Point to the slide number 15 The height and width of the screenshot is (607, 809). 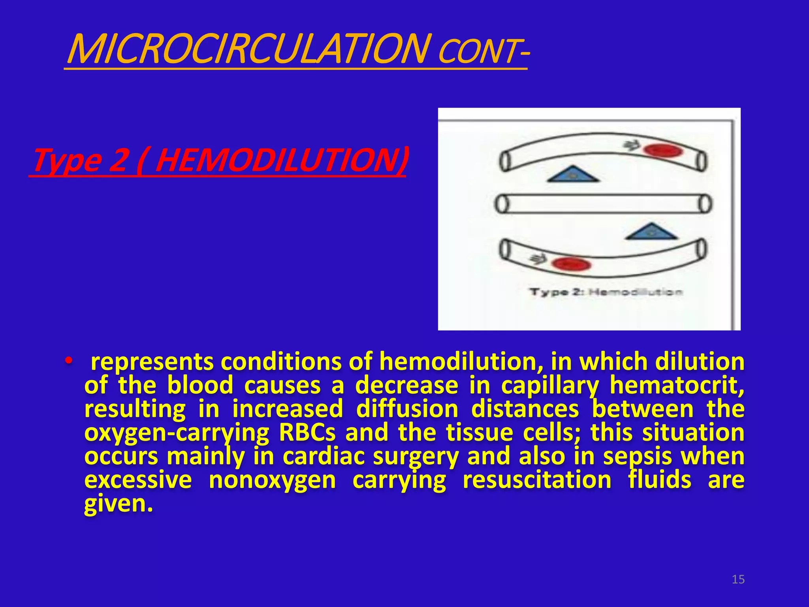click(x=738, y=579)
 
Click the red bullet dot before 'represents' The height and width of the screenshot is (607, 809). click(x=69, y=361)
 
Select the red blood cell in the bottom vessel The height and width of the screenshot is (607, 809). click(x=571, y=264)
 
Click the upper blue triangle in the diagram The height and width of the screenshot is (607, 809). click(x=573, y=174)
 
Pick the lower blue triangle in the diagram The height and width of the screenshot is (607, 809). click(x=651, y=232)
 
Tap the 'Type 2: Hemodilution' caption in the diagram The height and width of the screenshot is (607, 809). click(x=606, y=292)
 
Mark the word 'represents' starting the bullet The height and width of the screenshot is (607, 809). click(x=152, y=361)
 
